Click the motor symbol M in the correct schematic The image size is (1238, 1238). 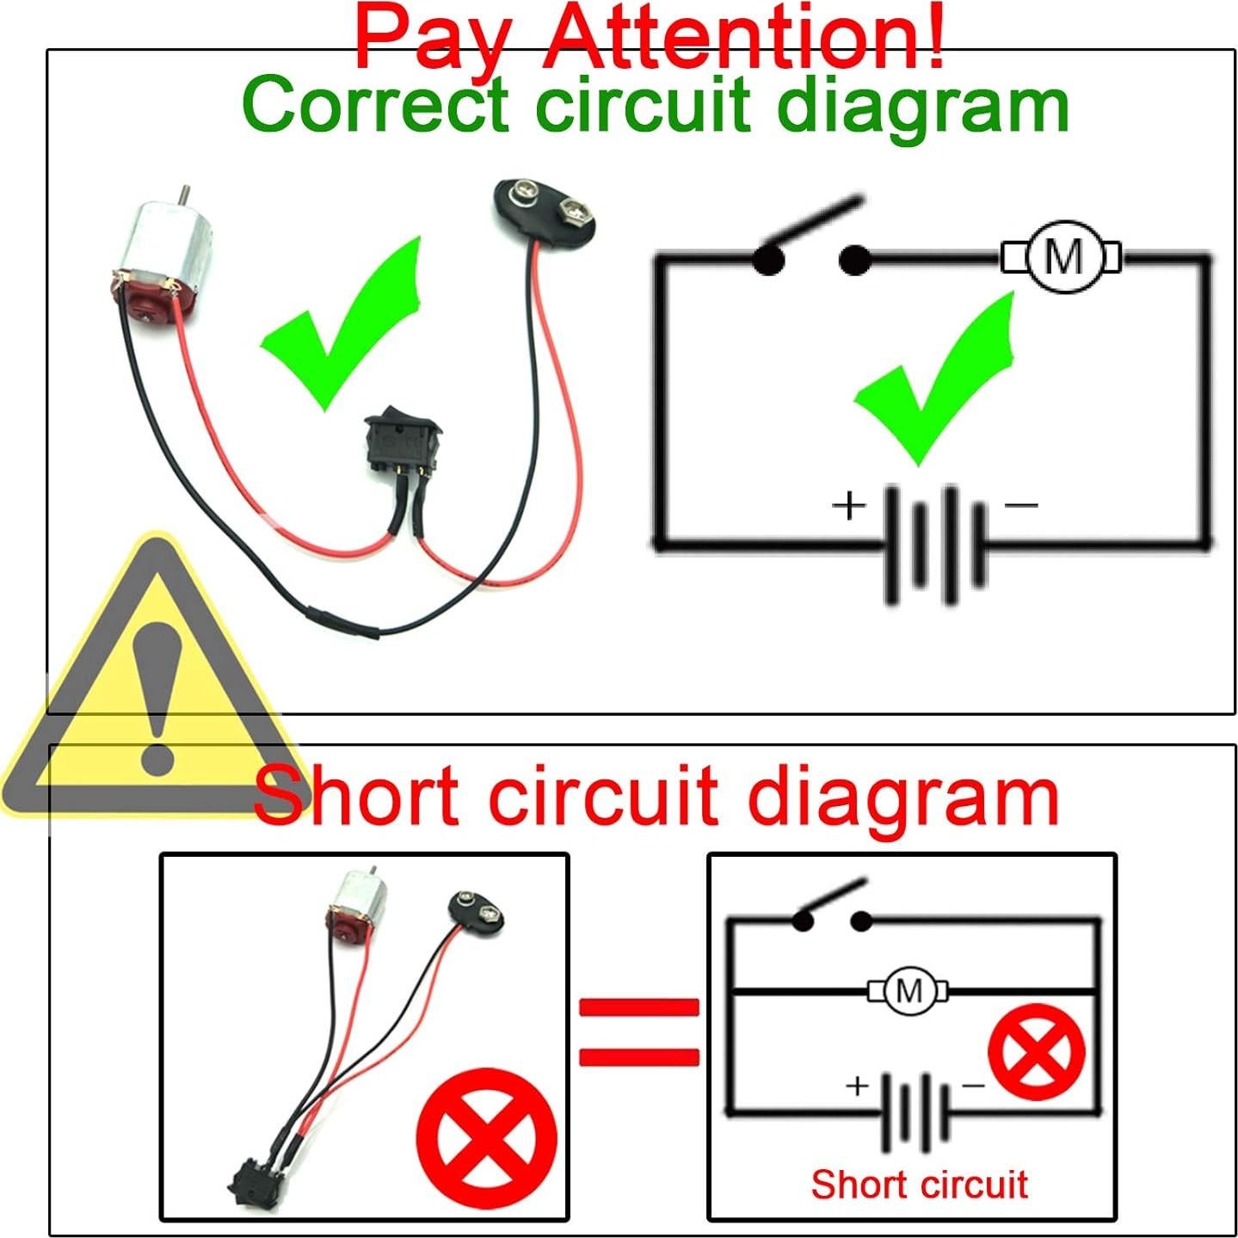[1062, 256]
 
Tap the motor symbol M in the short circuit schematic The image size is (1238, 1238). [908, 991]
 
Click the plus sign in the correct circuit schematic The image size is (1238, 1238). [848, 505]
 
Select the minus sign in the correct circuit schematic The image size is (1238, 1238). [1021, 505]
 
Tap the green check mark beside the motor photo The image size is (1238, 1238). [347, 323]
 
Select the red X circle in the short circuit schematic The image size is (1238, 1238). [1037, 1051]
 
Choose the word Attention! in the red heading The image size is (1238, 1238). [744, 39]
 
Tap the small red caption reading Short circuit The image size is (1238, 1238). [919, 1185]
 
